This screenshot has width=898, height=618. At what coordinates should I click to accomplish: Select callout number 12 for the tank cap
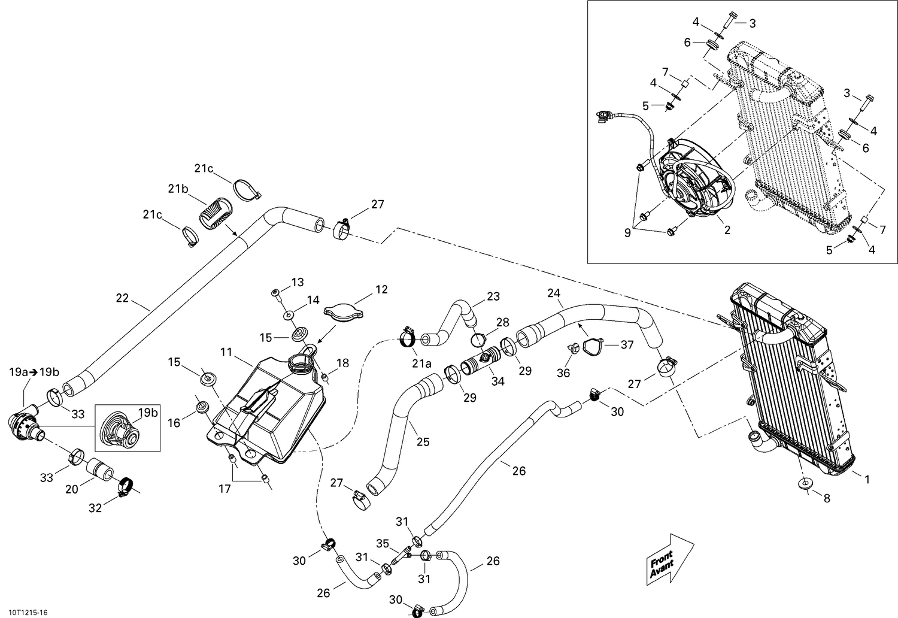(x=381, y=290)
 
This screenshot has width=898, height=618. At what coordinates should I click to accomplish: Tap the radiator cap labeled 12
(x=344, y=311)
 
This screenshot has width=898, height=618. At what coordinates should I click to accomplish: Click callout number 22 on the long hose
(x=122, y=298)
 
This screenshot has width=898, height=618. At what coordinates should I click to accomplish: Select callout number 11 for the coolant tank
(x=226, y=352)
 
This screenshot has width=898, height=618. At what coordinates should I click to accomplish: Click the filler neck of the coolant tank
(x=299, y=362)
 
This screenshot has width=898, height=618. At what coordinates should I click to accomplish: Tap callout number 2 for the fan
(x=727, y=230)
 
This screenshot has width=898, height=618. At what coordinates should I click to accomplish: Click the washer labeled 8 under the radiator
(x=805, y=483)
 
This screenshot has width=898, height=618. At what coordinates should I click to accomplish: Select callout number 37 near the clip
(x=627, y=344)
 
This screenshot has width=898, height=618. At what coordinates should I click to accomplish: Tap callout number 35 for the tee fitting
(x=383, y=544)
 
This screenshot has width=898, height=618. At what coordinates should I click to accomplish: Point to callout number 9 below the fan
(x=627, y=233)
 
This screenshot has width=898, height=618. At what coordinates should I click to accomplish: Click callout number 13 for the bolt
(x=298, y=282)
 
